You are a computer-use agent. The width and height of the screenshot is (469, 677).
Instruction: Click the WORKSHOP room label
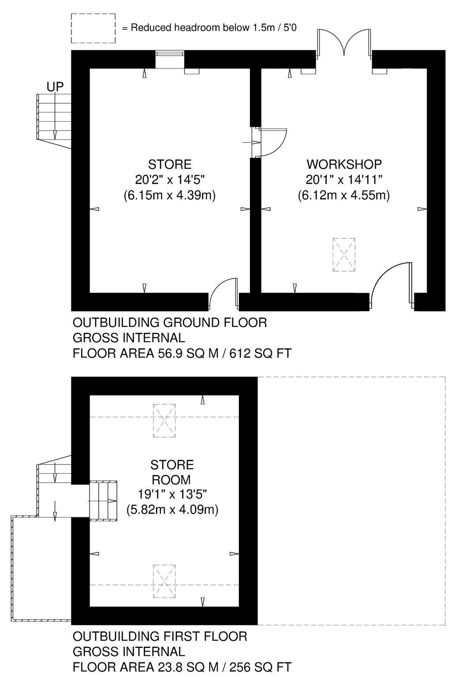[x=344, y=164]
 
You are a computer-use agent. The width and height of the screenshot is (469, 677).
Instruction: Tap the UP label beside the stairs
[x=55, y=87]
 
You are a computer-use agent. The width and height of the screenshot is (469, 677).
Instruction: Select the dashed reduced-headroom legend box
[x=93, y=28]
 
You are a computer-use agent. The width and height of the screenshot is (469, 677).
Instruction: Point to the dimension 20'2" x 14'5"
[x=170, y=180]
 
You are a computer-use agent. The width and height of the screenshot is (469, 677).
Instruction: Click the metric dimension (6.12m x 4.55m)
[x=344, y=196]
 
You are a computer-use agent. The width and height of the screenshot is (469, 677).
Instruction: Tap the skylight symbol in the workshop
[x=344, y=254]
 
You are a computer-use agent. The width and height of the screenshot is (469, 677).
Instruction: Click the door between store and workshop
[x=269, y=142]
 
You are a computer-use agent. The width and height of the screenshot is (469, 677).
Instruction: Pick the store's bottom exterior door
[x=223, y=294]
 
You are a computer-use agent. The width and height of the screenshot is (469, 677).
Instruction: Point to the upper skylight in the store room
[x=164, y=421]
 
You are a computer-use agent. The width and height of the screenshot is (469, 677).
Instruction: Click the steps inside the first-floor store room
[x=103, y=501]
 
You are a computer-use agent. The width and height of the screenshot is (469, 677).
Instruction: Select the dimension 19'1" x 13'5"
[x=172, y=495]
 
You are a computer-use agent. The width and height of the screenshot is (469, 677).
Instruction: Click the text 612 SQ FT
[x=261, y=353]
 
